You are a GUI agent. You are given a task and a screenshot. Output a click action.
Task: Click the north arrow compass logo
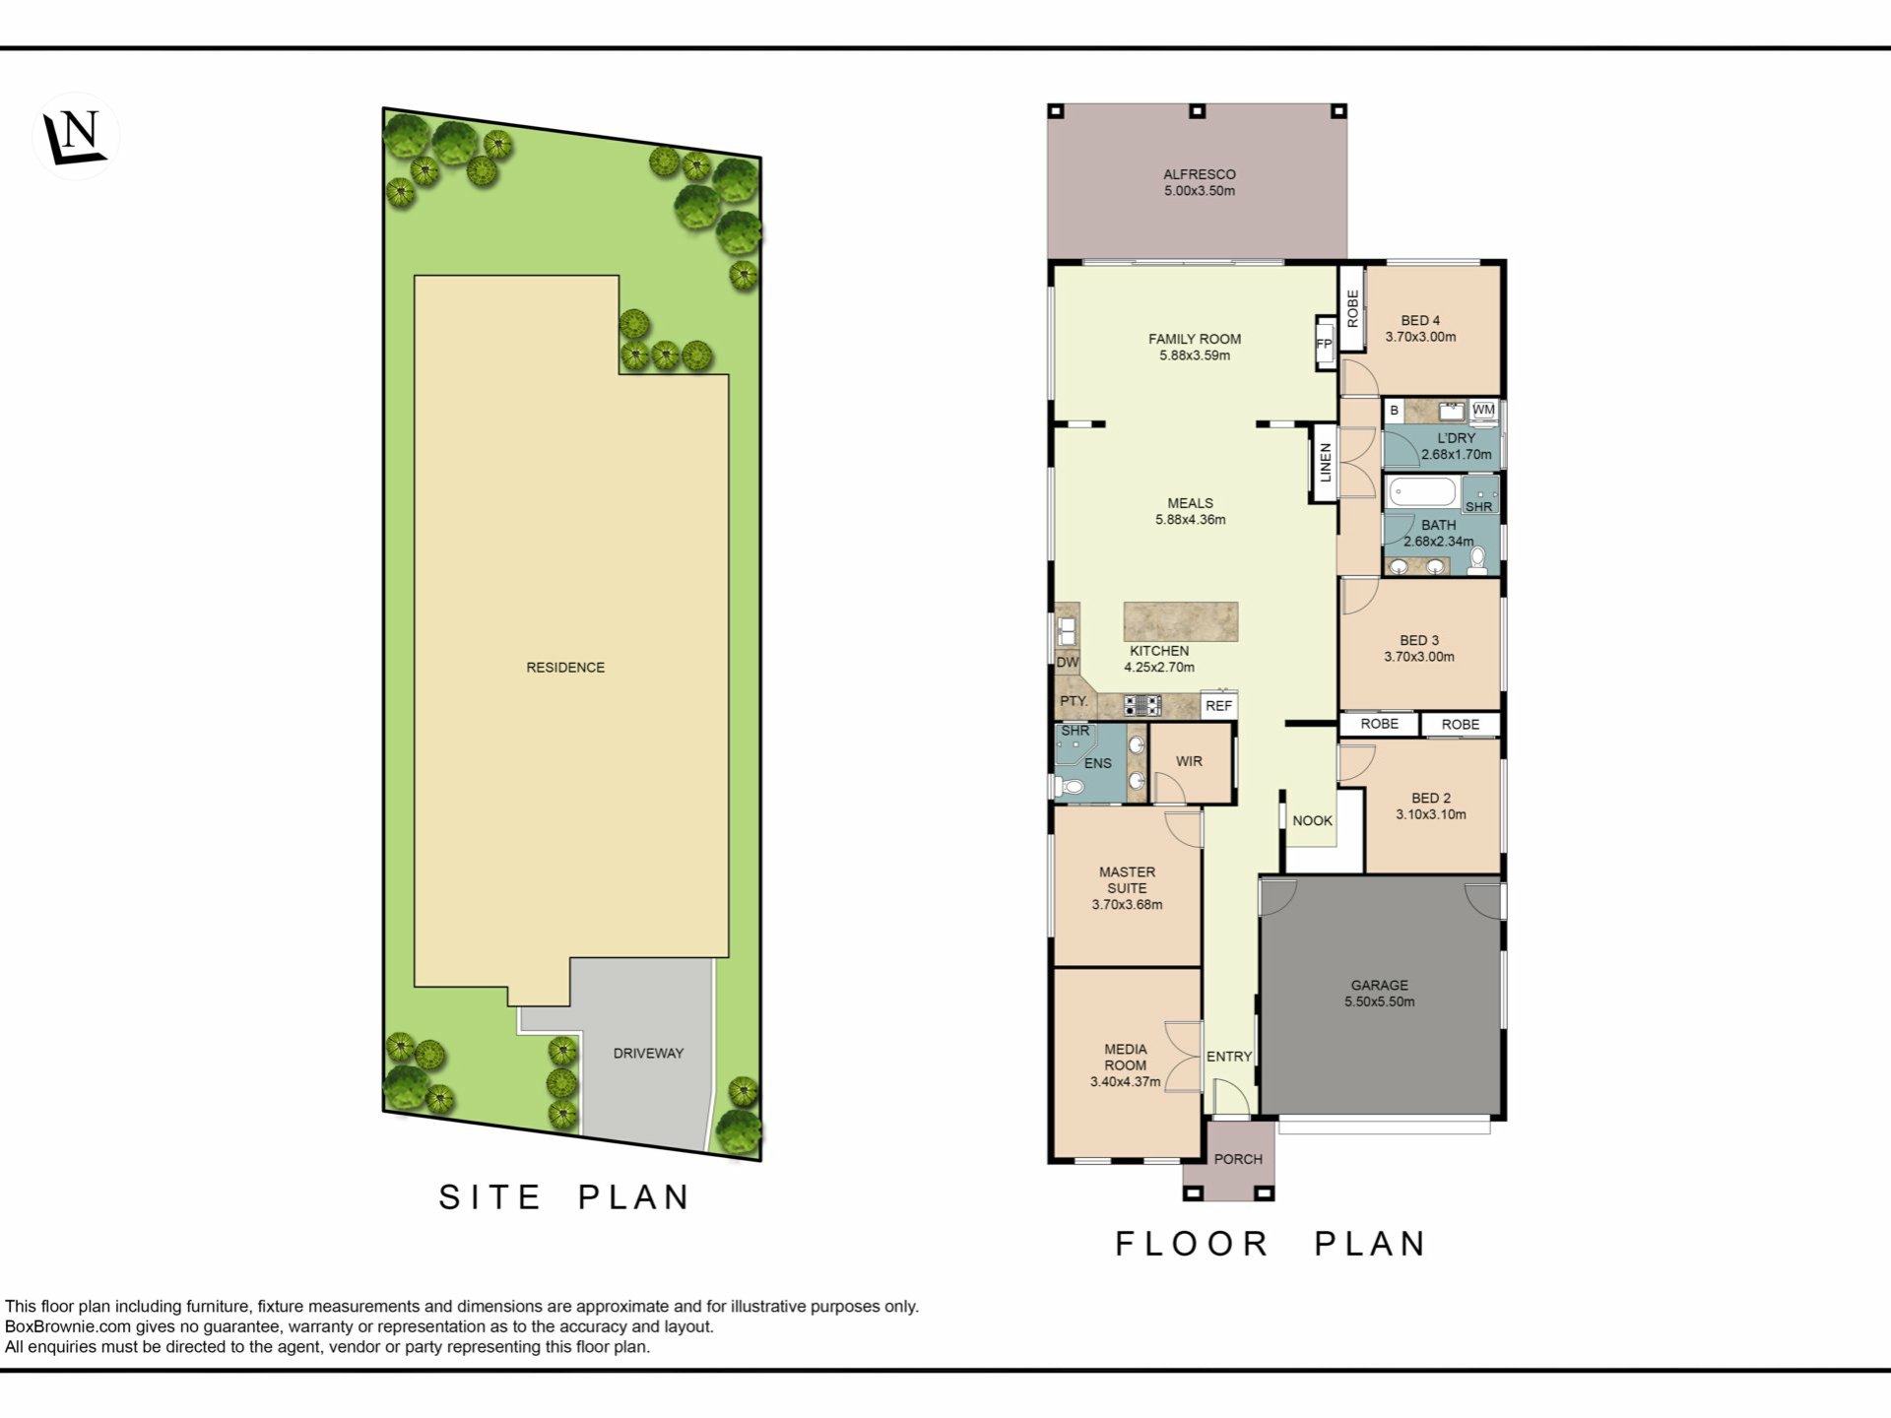76,136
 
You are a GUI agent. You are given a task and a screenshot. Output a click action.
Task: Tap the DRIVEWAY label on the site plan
648,1053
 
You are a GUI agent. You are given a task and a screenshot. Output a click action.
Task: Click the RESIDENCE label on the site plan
565,667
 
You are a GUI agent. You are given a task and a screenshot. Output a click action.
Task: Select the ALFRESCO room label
1199,174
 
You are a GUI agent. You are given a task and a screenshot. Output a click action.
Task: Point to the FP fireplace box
1325,344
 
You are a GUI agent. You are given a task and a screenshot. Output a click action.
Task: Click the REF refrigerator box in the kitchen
1218,705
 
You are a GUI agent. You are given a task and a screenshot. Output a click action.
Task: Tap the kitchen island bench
1181,621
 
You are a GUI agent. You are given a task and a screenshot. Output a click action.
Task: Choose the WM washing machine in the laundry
1483,411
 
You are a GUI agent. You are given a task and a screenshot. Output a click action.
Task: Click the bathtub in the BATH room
1422,491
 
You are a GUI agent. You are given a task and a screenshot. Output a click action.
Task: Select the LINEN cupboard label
1325,463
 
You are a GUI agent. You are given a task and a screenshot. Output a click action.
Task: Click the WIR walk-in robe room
1191,762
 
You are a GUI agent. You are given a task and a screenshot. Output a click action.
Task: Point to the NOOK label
1312,820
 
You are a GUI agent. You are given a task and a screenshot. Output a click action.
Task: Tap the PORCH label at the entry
1238,1159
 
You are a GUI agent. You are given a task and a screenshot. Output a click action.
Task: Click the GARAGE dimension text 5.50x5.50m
1379,1001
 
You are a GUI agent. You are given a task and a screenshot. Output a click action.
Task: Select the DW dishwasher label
1068,663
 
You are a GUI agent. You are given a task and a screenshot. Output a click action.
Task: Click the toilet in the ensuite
1068,786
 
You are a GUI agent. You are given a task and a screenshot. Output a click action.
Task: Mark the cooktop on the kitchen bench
1142,704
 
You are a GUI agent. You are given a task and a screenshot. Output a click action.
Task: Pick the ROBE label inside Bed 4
1352,308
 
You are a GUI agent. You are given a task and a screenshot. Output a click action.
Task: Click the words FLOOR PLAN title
1271,1244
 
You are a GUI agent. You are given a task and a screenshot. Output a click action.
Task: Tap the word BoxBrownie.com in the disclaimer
68,1326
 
